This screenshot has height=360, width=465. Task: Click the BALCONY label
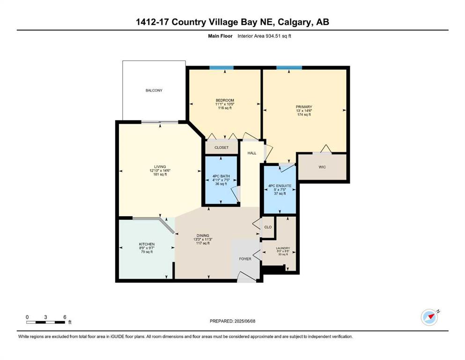154,90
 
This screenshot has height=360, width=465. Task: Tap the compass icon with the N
430,317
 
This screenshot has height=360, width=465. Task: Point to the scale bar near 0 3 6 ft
45,322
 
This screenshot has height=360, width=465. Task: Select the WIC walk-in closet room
322,167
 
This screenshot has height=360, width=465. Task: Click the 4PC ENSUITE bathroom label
280,186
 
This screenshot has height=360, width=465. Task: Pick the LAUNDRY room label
283,248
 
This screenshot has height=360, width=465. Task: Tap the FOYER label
245,259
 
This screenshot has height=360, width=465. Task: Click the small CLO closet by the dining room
268,227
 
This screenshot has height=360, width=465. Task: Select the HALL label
252,153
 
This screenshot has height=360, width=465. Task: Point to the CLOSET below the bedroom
221,148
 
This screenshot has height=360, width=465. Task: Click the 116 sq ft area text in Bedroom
225,108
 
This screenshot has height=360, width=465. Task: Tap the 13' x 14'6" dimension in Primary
304,111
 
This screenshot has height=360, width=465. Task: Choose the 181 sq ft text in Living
160,174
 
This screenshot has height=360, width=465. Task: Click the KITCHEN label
147,244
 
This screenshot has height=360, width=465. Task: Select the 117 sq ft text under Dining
203,243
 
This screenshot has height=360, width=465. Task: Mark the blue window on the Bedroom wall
221,67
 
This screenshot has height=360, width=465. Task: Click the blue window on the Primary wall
289,67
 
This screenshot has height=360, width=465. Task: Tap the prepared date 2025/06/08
244,321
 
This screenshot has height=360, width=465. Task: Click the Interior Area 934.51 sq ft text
264,36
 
